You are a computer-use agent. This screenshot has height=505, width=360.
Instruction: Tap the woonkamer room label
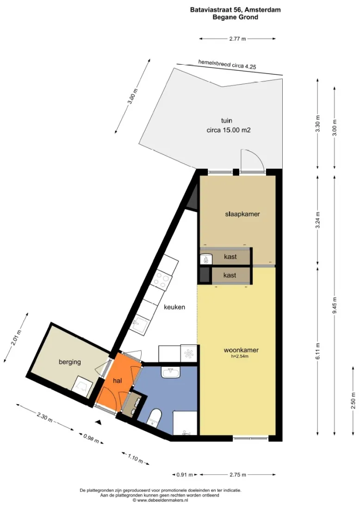tap(241, 350)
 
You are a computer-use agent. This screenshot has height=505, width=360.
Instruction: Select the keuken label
tap(174, 307)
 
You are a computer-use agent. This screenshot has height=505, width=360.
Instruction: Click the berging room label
tap(69, 362)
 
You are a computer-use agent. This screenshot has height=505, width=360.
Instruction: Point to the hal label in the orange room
tap(118, 381)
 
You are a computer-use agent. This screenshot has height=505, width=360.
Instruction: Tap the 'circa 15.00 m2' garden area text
tap(229, 130)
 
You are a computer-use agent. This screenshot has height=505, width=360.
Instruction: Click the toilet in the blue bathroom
tap(154, 418)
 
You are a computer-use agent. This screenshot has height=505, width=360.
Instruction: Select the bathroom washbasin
tap(171, 373)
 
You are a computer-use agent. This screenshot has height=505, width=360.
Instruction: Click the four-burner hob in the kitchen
tap(161, 278)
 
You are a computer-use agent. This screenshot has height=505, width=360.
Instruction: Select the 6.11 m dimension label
tap(318, 351)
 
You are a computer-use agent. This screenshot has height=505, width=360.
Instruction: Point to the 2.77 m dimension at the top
tap(237, 39)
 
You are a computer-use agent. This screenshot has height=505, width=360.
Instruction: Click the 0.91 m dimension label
tap(185, 475)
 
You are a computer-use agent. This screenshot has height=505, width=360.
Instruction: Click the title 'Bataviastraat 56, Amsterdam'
tap(235, 10)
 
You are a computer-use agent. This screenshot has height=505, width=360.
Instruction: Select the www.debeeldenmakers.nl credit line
tap(160, 500)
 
